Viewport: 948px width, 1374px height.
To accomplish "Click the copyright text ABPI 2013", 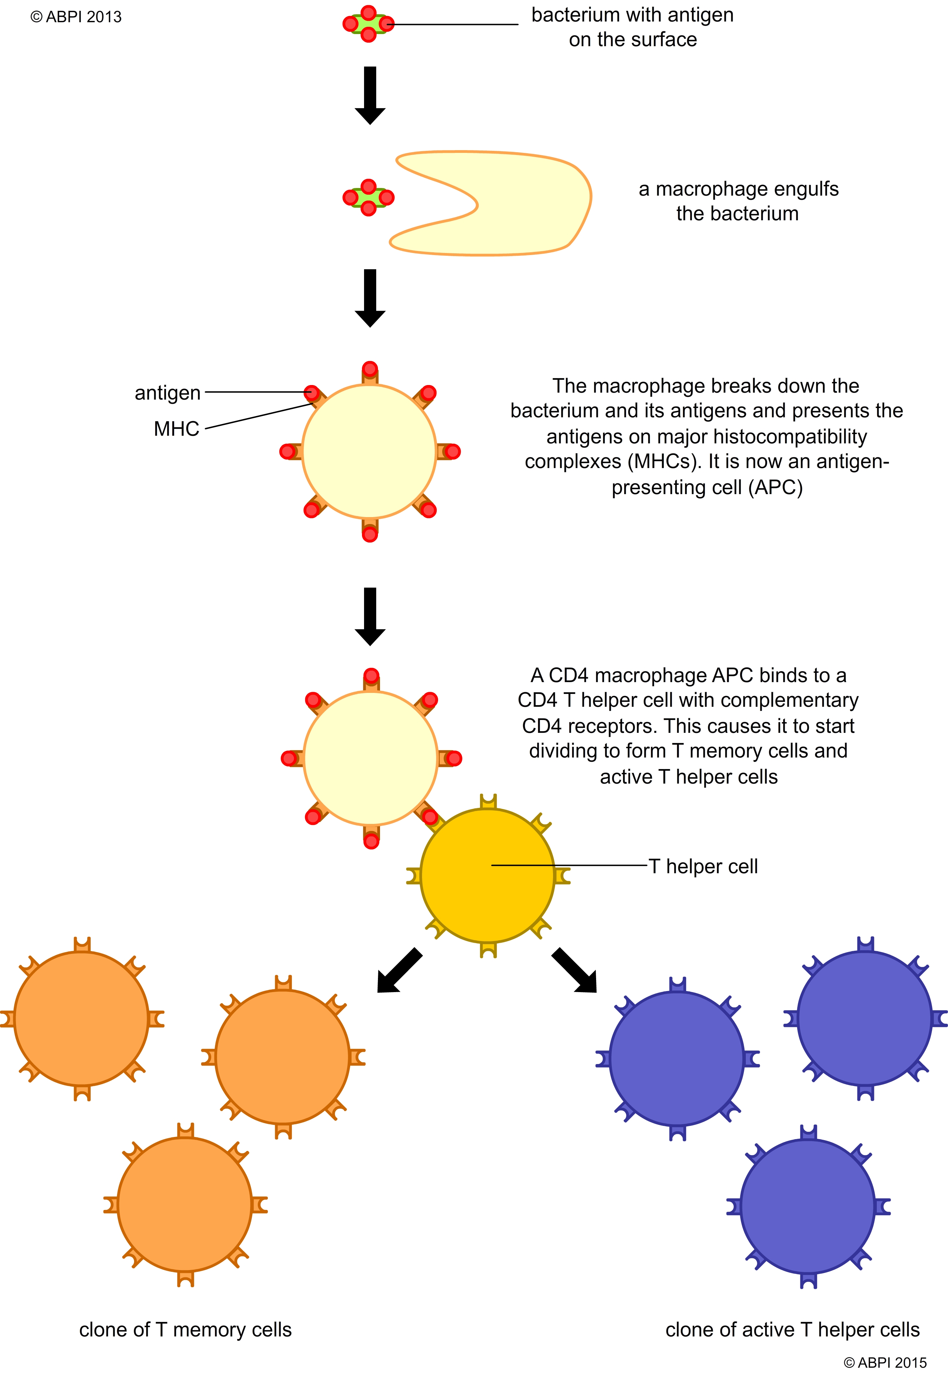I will click(x=76, y=17).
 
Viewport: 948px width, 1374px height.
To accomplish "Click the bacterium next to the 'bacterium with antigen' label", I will click(x=368, y=24).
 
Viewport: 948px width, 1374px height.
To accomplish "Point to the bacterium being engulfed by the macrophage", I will click(x=368, y=197).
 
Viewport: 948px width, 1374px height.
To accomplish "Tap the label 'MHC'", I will click(x=176, y=429).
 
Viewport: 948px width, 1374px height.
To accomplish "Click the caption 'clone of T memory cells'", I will click(x=185, y=1330).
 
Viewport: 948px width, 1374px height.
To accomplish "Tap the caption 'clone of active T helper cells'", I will click(x=792, y=1330).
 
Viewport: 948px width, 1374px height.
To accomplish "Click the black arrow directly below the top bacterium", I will click(x=370, y=95).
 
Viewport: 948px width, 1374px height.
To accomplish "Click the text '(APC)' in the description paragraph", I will click(x=775, y=488).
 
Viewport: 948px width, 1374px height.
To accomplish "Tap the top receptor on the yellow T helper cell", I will click(x=488, y=802).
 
